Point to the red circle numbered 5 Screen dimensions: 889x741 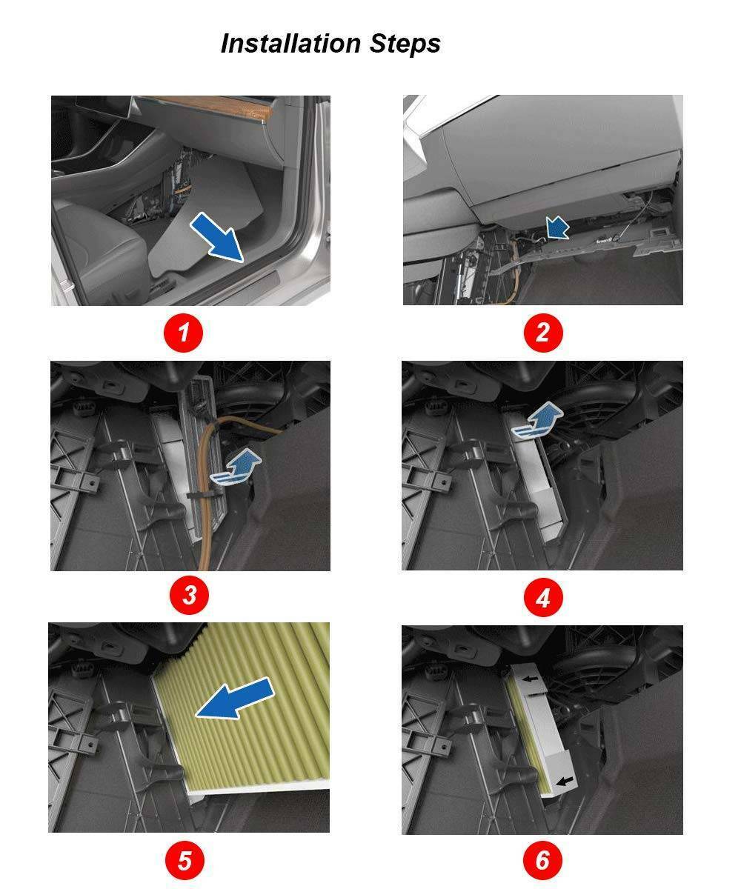pyautogui.click(x=185, y=860)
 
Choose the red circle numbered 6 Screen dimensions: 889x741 pyautogui.click(x=542, y=860)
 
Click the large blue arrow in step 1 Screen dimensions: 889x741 pyautogui.click(x=218, y=236)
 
